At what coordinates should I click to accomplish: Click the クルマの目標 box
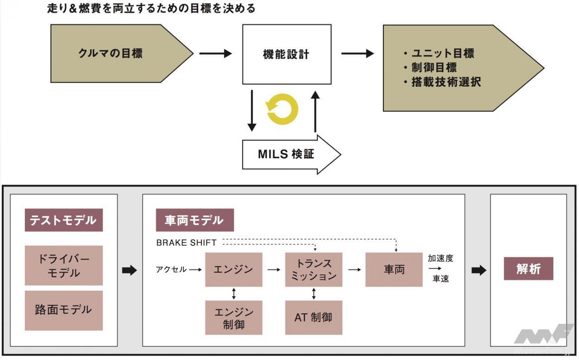tap(110, 53)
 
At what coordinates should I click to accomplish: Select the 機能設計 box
tap(286, 54)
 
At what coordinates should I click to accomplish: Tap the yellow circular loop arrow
tap(282, 109)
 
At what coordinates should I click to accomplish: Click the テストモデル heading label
tap(63, 220)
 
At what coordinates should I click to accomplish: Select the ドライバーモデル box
tap(63, 265)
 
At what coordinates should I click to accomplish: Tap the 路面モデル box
tap(63, 310)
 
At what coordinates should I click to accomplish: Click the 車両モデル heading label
tap(194, 220)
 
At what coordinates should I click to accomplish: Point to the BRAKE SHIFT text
tap(187, 243)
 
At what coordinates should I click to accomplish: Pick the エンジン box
tap(234, 269)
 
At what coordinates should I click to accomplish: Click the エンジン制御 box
tap(234, 318)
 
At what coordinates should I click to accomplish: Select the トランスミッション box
tap(314, 269)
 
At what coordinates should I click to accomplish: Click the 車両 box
tap(394, 269)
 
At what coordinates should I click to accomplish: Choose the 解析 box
tap(528, 269)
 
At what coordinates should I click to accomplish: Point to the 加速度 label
tap(440, 259)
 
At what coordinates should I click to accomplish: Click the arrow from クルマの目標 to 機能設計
tap(215, 54)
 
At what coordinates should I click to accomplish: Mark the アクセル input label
tap(171, 269)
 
